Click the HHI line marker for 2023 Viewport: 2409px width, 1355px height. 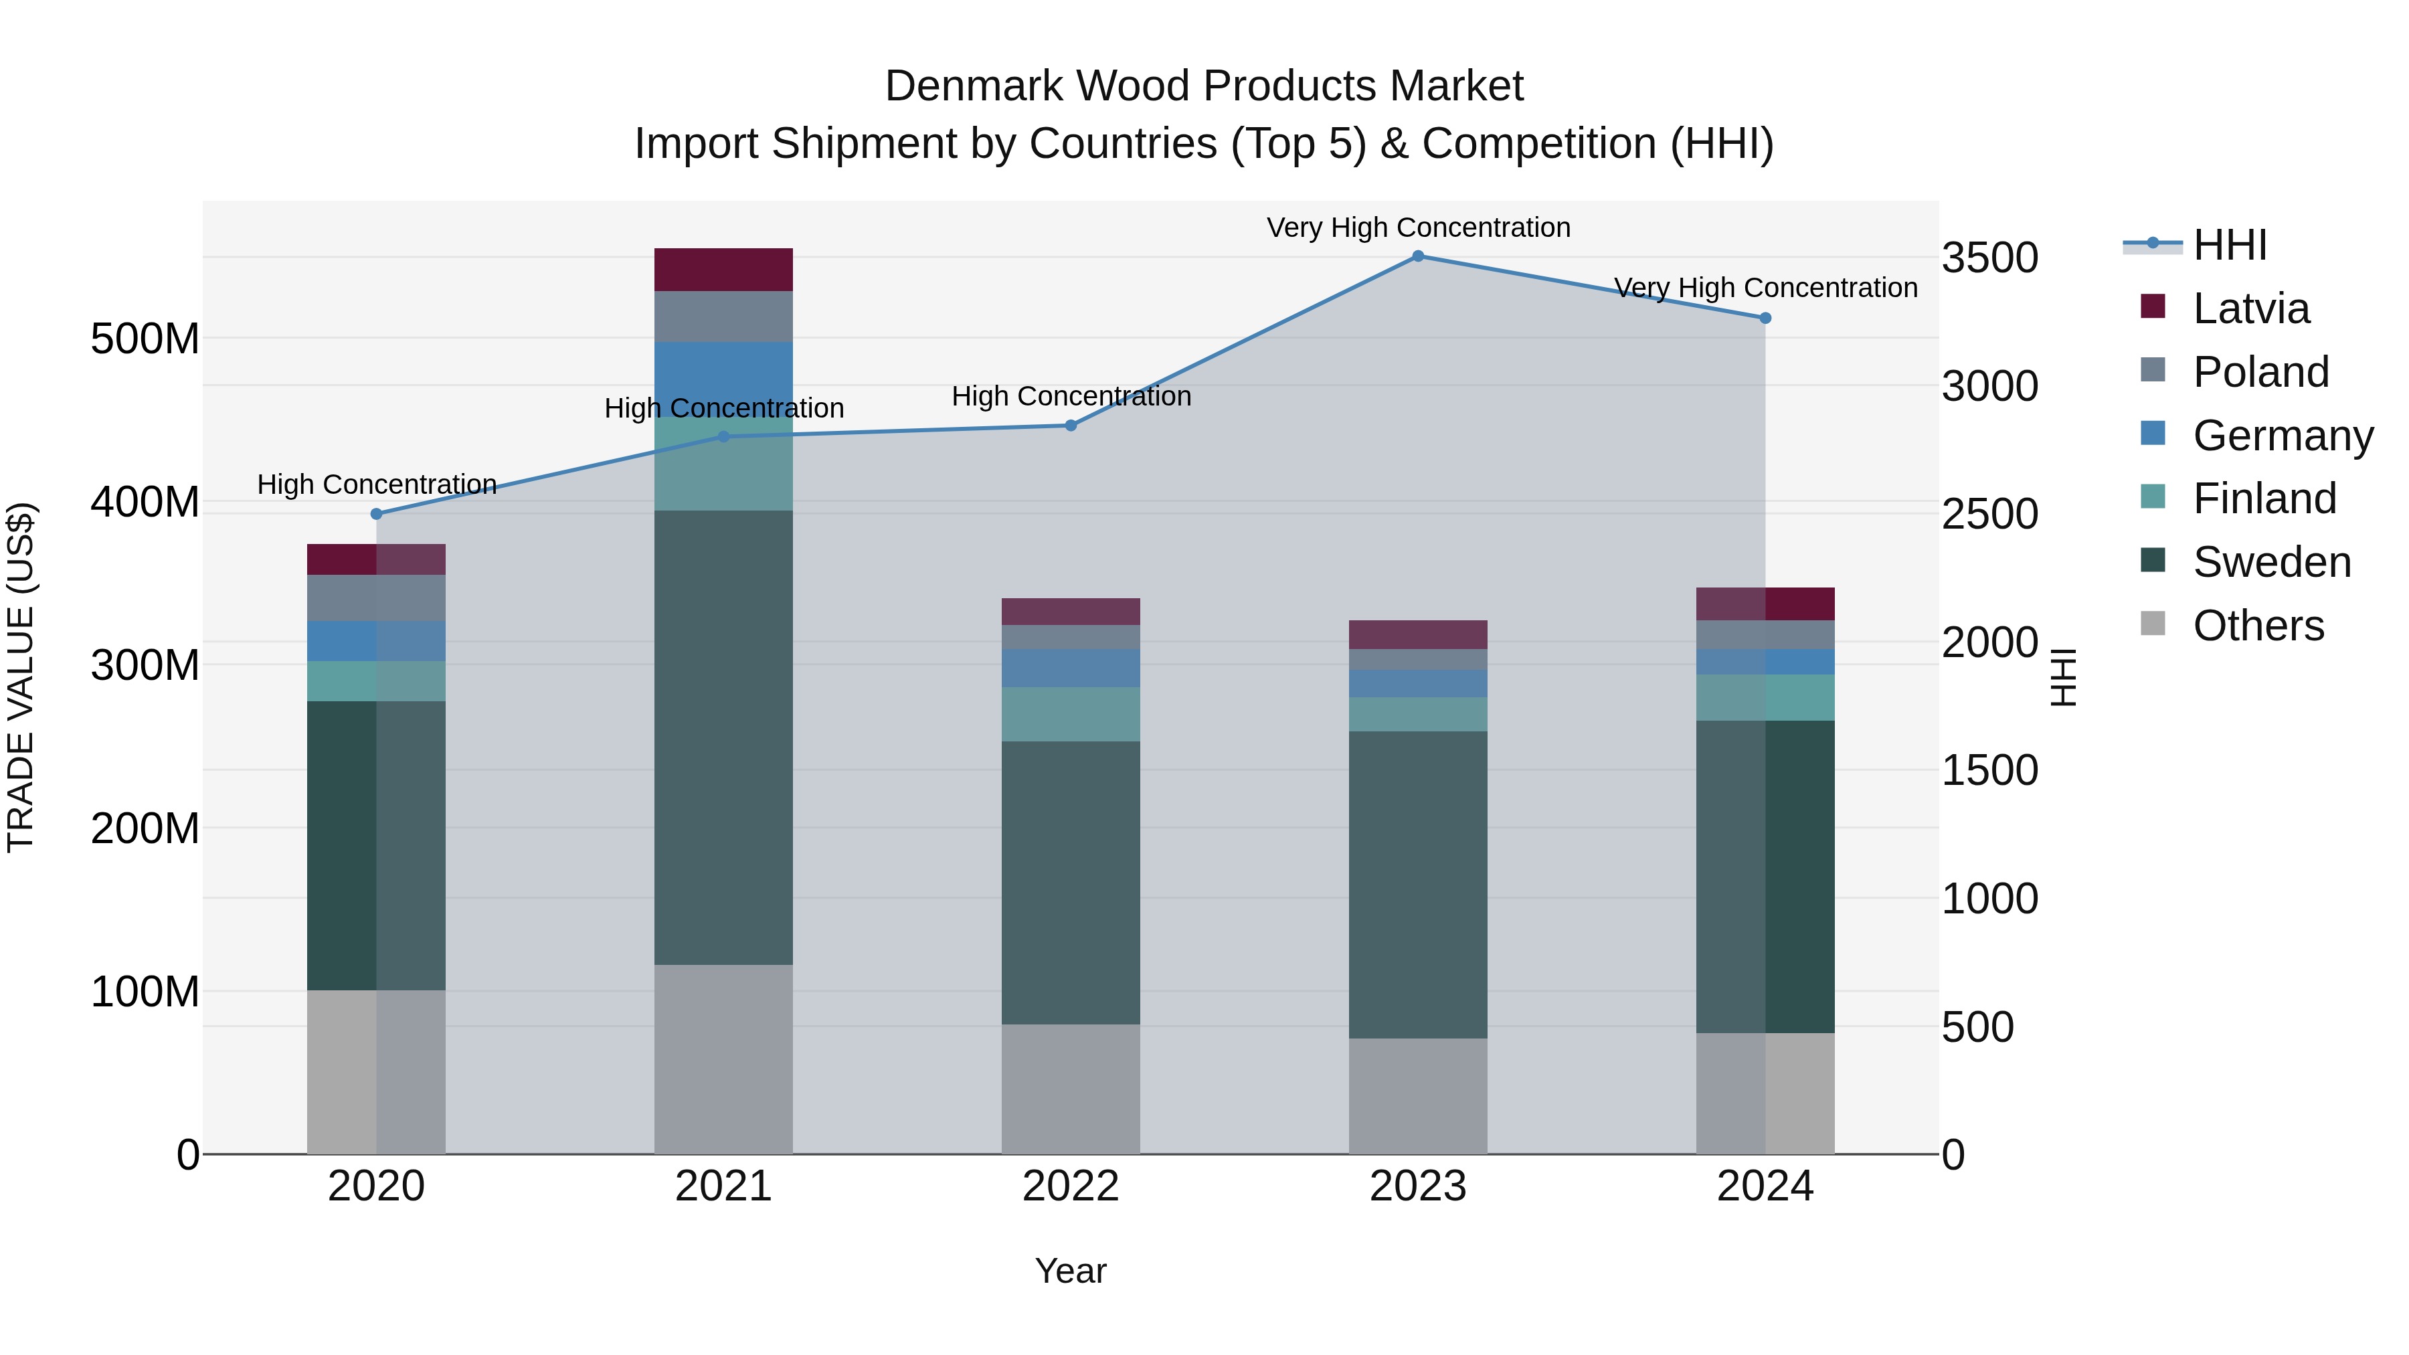tap(1418, 256)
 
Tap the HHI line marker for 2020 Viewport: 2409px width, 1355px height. tap(377, 513)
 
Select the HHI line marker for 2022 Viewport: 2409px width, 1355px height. tap(1071, 426)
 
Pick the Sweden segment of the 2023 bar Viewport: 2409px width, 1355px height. tap(1418, 884)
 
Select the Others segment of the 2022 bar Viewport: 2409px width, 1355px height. tap(1071, 1089)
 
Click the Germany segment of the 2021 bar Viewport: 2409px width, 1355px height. tap(723, 369)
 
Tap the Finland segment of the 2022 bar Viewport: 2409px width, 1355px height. tap(1071, 715)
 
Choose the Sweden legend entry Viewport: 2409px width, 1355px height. tap(2270, 562)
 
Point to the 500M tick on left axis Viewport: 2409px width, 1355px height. tap(145, 339)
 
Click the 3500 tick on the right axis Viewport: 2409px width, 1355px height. tap(1990, 258)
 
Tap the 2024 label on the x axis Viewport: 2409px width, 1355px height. tap(1765, 1186)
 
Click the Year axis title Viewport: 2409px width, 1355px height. tap(1071, 1271)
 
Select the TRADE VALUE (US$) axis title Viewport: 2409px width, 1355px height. tap(21, 677)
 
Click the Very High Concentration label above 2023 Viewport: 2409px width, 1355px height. tap(1418, 228)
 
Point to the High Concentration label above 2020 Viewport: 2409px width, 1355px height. tap(377, 484)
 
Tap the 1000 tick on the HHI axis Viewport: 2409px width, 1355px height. tap(1990, 899)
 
